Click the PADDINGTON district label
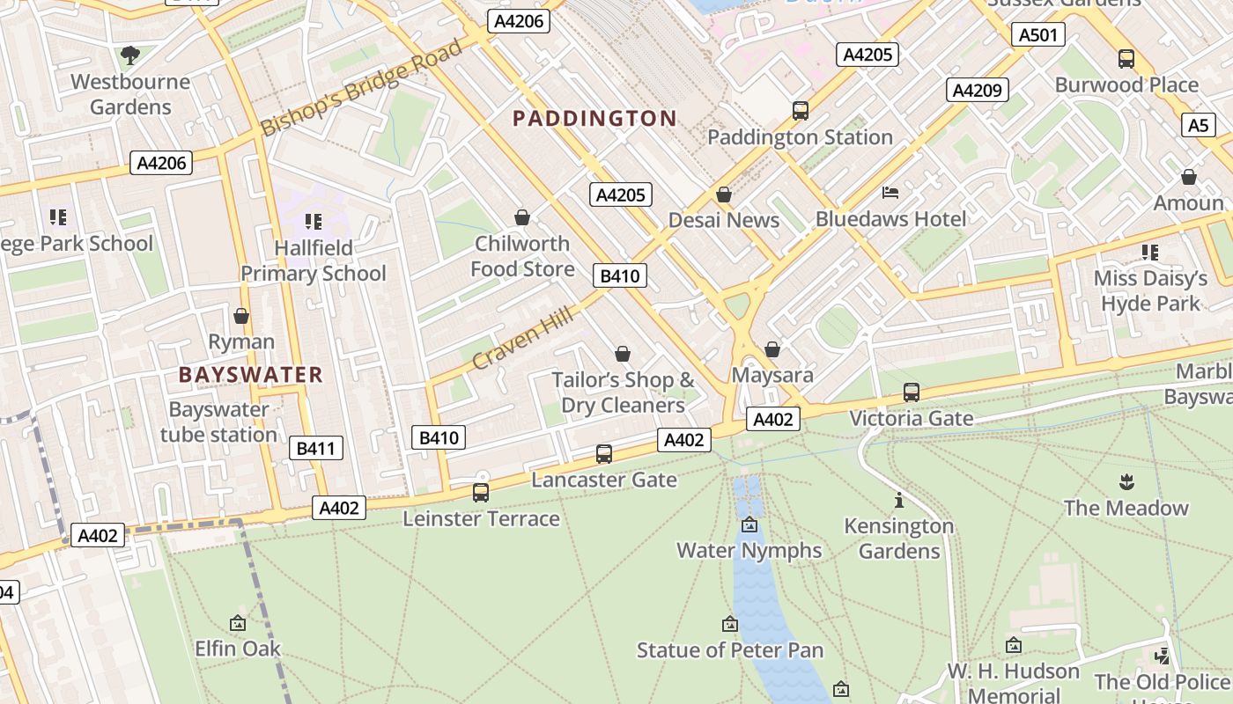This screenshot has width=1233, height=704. [x=594, y=118]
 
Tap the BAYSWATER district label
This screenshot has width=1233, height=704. [x=251, y=375]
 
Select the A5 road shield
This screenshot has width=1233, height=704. [x=1198, y=125]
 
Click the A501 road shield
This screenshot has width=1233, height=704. [x=1039, y=35]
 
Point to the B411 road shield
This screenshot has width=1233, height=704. [x=315, y=449]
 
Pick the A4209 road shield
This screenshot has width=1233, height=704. [x=978, y=90]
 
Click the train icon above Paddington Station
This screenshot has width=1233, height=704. [x=800, y=111]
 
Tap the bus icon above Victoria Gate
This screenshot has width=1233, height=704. [x=912, y=392]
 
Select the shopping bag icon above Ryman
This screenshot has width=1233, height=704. [x=241, y=316]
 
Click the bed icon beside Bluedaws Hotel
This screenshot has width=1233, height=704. [x=890, y=193]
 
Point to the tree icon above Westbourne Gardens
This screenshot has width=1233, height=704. [x=130, y=56]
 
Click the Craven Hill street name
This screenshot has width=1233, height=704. [x=522, y=339]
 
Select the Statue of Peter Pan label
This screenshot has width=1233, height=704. [x=730, y=650]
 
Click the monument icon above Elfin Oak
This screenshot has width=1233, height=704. [x=237, y=623]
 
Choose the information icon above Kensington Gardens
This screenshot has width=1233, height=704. [x=898, y=501]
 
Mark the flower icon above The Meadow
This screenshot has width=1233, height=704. [x=1126, y=481]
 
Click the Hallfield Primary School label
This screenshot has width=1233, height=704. [x=314, y=260]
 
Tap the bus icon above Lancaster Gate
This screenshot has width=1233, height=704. [x=603, y=454]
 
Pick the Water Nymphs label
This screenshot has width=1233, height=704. [x=749, y=551]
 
